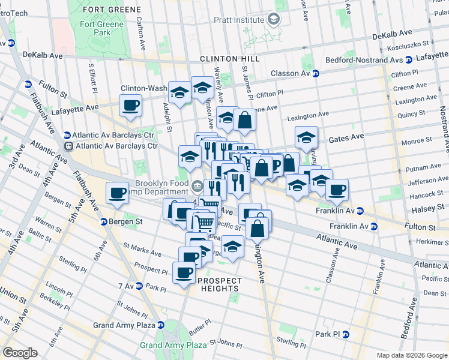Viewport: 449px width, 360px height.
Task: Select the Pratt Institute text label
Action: coord(239,20)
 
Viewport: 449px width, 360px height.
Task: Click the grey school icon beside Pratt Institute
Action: coord(274,20)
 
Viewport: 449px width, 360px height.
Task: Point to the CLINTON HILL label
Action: coord(230,59)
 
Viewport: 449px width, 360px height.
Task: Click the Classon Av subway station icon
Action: coord(315,73)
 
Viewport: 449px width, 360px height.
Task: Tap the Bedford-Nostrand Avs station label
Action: coord(364,60)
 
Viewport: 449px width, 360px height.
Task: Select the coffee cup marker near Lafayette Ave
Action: coord(130,106)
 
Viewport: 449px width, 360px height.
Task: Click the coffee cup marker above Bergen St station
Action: coord(117,193)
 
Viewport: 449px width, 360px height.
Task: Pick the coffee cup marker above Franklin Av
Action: coord(337,190)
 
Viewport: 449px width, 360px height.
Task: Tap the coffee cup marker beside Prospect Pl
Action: coord(184,273)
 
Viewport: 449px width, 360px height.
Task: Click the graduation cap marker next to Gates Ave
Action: coord(306,137)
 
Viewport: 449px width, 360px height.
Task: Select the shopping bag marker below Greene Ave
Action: coord(244,120)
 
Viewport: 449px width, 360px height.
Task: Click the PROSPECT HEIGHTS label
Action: coord(220,284)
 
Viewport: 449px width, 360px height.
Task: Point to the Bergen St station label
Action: coord(127,221)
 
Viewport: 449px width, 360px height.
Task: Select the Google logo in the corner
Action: coord(20,353)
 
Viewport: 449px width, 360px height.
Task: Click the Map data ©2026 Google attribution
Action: coord(411,355)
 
